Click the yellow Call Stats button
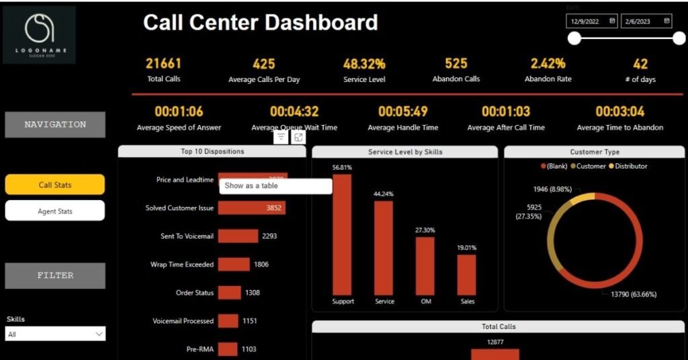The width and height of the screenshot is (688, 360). pos(54,185)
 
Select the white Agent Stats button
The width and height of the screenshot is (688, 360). pos(54,211)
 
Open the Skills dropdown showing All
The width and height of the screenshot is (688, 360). pos(55,334)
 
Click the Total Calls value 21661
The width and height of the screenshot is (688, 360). pos(164,64)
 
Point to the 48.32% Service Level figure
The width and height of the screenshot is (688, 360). pos(364,64)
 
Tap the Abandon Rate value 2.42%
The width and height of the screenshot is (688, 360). pos(548,64)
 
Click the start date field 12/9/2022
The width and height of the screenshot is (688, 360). pos(592,21)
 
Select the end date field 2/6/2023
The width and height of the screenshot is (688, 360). pos(646,21)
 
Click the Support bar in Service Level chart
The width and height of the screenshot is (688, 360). pos(343,234)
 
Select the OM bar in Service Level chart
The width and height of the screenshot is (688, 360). pos(425,266)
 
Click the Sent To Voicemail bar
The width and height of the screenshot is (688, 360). pos(238,236)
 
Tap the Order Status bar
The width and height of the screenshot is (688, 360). pos(229,292)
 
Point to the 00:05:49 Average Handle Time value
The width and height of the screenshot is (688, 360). pos(402,111)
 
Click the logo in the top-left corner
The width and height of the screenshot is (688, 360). pos(39,34)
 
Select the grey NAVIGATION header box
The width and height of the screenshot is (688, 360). pos(55,124)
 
